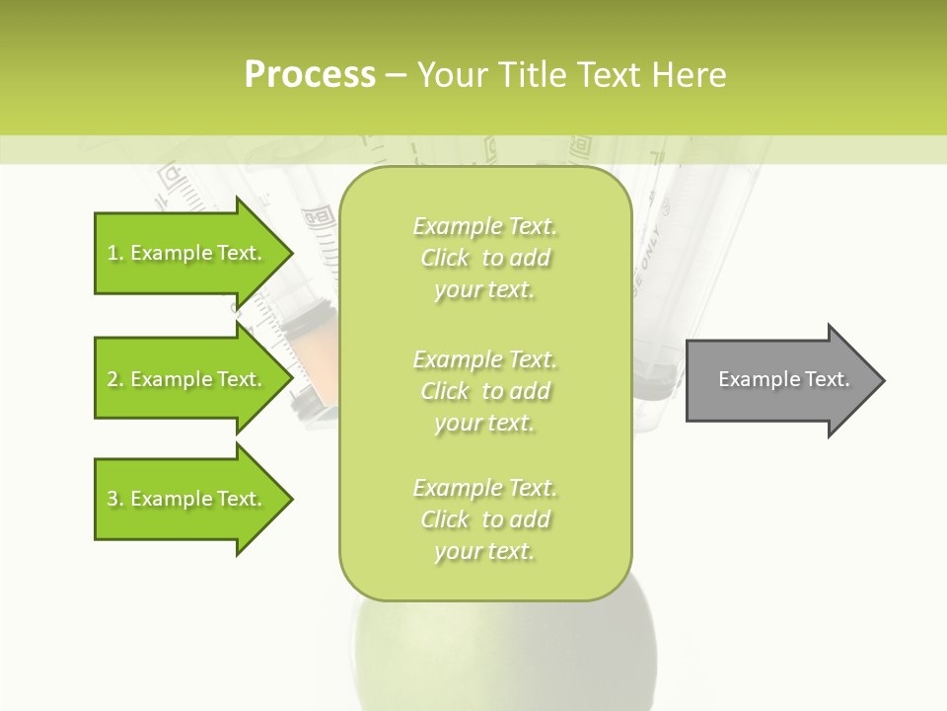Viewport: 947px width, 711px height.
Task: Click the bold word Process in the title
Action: pos(310,75)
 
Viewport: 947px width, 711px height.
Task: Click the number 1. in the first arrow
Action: pos(115,254)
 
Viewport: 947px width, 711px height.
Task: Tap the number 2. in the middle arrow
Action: pos(115,379)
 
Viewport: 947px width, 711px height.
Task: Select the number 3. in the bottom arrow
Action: pos(115,499)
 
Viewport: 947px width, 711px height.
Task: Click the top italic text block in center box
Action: pos(484,258)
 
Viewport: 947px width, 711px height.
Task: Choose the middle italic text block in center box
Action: pos(484,391)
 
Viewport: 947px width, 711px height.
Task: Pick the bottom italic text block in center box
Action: pos(484,519)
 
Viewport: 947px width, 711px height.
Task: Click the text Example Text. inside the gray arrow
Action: pos(783,379)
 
